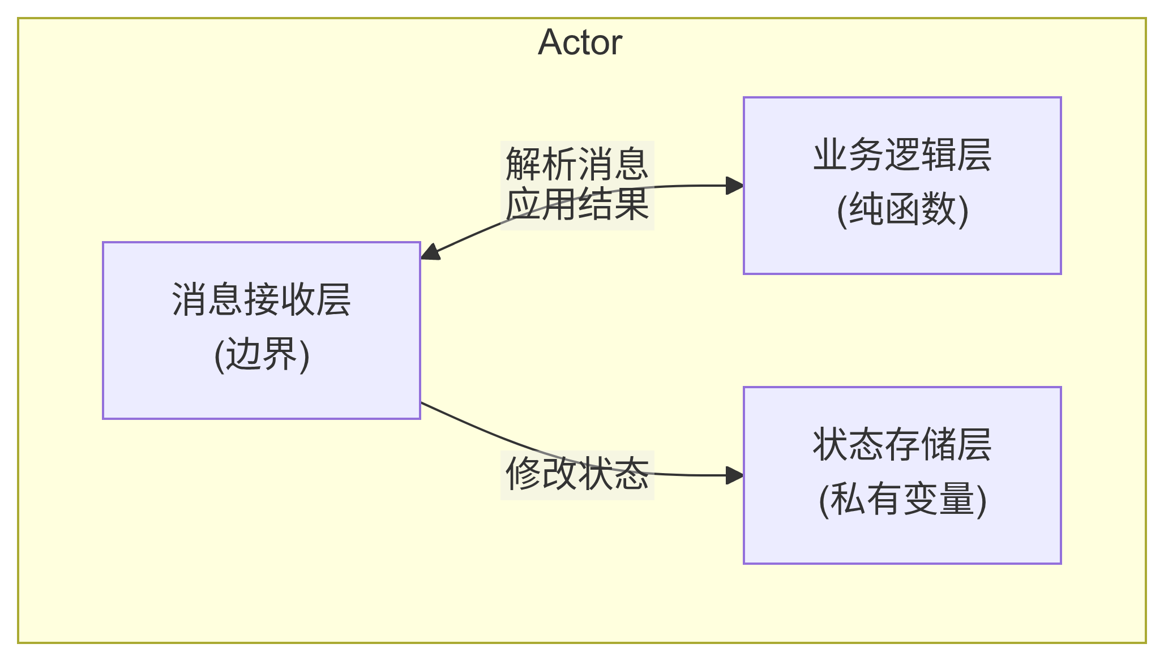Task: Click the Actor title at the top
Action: [580, 42]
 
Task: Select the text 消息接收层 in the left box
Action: [261, 300]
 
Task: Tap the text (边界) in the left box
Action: [261, 355]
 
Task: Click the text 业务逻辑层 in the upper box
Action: [902, 155]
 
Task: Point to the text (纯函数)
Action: [902, 210]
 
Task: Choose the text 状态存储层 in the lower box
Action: [902, 445]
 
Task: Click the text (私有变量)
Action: [902, 500]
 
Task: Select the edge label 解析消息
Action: [577, 164]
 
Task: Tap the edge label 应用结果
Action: [577, 204]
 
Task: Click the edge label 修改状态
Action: [577, 474]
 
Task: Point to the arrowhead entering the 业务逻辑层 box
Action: [735, 185]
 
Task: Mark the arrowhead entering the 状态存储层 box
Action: [735, 475]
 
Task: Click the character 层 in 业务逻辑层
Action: [974, 155]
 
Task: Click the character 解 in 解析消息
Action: [523, 164]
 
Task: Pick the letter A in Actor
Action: [549, 42]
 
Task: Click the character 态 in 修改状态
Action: [631, 474]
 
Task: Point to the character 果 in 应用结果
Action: [631, 204]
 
